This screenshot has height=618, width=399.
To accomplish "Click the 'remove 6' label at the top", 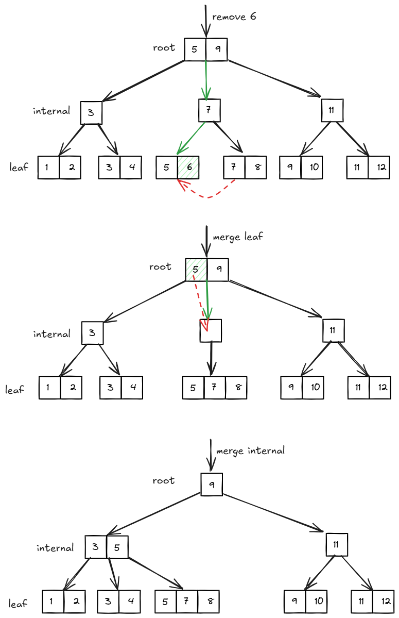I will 234,17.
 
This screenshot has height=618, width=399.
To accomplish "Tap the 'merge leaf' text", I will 237,237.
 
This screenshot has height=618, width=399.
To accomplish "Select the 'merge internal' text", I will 250,451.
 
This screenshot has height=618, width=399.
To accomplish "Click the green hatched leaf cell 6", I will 188,168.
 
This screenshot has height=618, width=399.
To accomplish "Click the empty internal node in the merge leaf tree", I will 211,331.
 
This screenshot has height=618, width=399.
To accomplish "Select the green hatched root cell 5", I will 196,270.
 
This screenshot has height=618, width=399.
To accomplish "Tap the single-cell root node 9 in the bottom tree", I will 212,485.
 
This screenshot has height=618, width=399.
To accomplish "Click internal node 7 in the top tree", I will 210,110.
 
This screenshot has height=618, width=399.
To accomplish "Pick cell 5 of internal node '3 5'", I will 117,547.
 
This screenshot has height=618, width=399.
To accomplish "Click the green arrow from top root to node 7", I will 206,80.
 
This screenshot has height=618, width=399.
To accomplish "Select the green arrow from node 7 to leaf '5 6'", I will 191,138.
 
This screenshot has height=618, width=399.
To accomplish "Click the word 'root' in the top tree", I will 164,48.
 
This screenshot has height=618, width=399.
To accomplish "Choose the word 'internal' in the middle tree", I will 51,334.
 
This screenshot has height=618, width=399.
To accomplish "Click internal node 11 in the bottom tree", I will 337,544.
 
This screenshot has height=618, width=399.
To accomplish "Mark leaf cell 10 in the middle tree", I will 313,388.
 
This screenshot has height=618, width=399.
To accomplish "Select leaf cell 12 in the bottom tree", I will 383,602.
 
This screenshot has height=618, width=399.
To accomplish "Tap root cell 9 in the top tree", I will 217,50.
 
